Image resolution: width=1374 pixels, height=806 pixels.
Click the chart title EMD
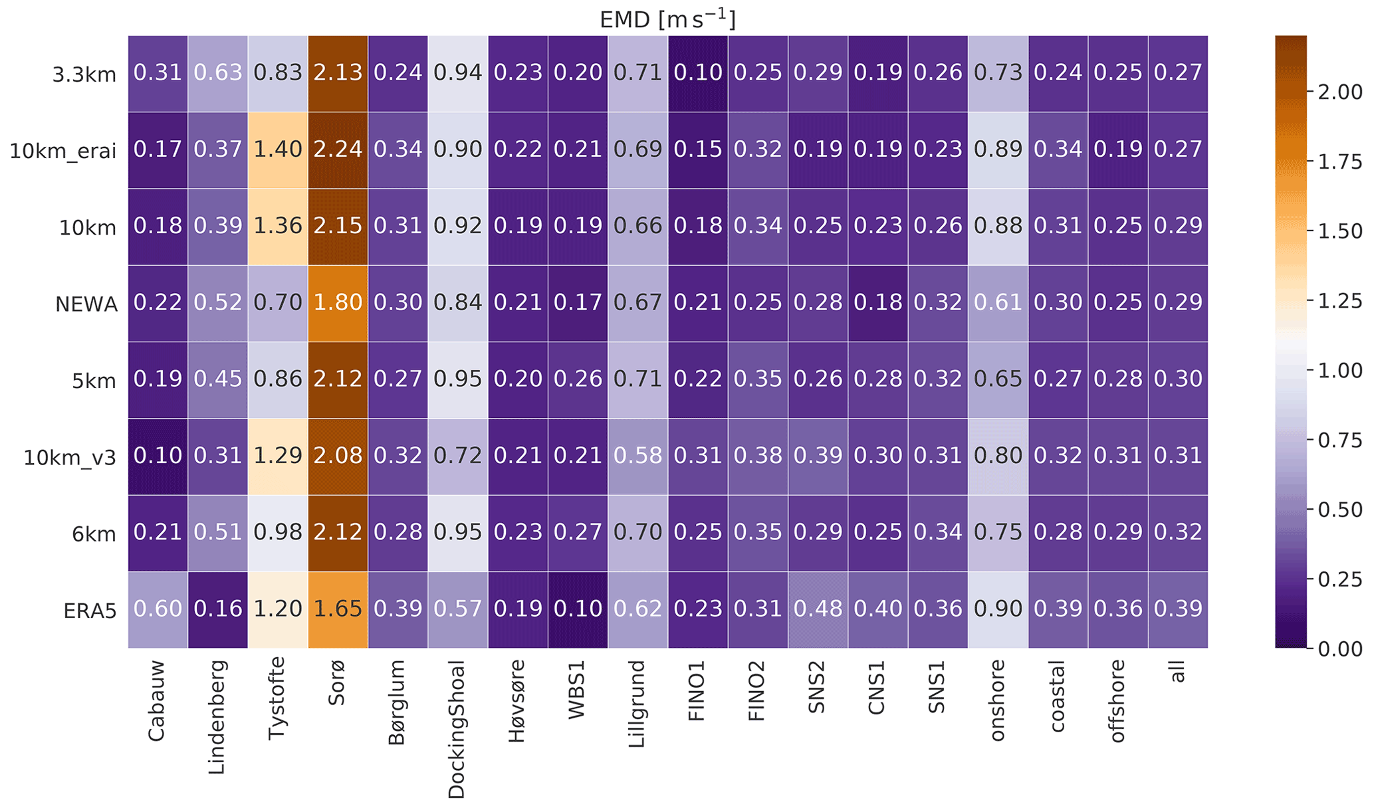click(x=667, y=20)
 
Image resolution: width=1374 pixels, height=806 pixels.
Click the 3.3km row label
click(x=84, y=74)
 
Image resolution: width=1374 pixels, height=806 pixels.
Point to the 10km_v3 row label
click(x=70, y=457)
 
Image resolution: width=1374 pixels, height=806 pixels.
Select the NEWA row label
click(x=86, y=304)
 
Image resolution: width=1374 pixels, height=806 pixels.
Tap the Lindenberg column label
click(x=217, y=718)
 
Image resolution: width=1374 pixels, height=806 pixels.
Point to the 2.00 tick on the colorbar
click(x=1339, y=92)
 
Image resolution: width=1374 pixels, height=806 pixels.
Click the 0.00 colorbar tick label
click(x=1339, y=649)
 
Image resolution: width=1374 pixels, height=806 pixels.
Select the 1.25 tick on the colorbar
click(x=1339, y=301)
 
